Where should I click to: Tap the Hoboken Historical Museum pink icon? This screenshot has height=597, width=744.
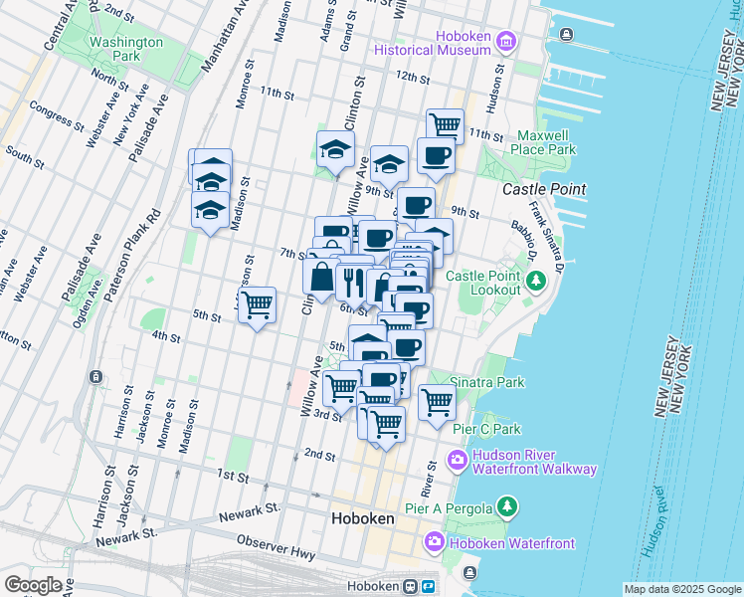pos(505,42)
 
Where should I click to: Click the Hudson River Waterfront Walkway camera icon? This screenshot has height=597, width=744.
pos(458,460)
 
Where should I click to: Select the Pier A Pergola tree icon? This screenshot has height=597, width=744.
pos(507,508)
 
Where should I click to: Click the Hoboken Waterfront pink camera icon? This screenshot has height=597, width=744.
pos(434,542)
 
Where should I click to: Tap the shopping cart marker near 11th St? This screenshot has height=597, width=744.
pos(445,125)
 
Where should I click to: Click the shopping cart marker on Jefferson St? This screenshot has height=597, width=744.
pos(257,303)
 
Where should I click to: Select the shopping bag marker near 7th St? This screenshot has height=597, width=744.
pos(321,276)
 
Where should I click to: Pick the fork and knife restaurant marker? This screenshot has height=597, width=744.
pos(353,281)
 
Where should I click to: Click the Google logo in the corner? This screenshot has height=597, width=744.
pos(33,584)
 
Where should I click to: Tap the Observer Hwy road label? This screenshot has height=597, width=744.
pos(277,547)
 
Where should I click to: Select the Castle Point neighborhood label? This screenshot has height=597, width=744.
pos(543,189)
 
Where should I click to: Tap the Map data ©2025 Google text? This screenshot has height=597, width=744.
pos(682,589)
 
